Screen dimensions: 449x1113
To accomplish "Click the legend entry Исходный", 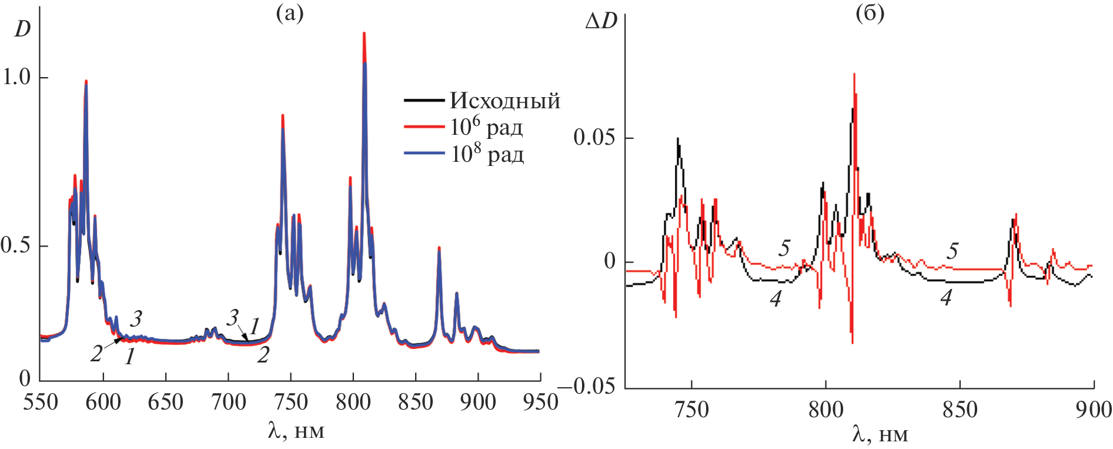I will click(505, 101).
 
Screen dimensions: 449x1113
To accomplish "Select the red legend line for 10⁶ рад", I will click(423, 127).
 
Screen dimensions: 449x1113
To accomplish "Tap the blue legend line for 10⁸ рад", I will click(423, 154).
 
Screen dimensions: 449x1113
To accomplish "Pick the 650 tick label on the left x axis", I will click(166, 403).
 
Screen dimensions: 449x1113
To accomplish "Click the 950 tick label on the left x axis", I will click(539, 403).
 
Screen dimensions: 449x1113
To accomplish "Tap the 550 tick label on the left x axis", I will click(41, 403).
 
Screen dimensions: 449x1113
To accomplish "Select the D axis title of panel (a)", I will click(22, 28).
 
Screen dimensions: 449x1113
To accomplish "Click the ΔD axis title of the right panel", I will click(601, 22).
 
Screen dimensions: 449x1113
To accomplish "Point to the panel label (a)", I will click(289, 13).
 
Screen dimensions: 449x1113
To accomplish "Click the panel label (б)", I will click(870, 13).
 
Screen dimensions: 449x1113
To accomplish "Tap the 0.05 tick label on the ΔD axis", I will click(594, 138).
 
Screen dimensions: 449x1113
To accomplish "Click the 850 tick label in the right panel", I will click(960, 410).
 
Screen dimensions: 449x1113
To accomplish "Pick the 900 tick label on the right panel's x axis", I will click(1093, 410).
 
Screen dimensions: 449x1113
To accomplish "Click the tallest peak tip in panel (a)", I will click(364, 33).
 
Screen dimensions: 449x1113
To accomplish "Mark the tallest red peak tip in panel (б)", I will click(854, 74).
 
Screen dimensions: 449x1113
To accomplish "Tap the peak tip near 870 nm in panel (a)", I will click(439, 248).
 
